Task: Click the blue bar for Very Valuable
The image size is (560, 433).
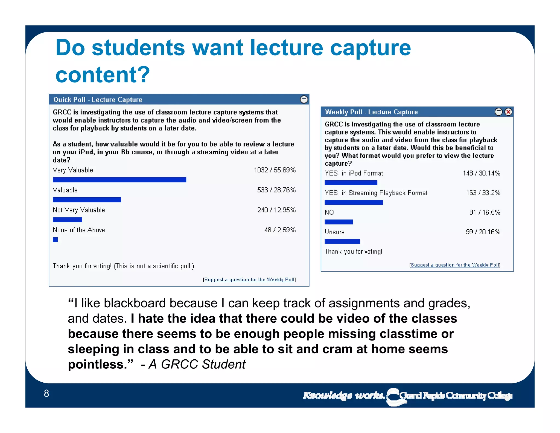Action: (x=119, y=180)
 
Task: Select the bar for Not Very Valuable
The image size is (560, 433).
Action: (x=67, y=220)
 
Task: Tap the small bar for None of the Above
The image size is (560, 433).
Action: (x=55, y=240)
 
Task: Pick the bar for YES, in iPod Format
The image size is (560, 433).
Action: (x=351, y=183)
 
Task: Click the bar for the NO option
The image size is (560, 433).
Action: (x=339, y=222)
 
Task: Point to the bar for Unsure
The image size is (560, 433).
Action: (x=342, y=241)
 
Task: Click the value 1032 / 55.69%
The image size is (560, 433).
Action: (x=275, y=170)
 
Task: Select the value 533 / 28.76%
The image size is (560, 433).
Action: (x=276, y=190)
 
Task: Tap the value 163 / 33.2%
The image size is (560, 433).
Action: (x=483, y=193)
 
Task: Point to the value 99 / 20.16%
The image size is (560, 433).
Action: (x=483, y=232)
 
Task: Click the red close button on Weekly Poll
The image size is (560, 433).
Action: (x=508, y=112)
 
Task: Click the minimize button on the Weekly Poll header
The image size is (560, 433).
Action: (x=498, y=112)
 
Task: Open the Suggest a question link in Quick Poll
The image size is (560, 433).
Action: (x=249, y=280)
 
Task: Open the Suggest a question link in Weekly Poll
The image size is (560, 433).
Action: (x=455, y=265)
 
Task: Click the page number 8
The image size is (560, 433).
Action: (x=46, y=394)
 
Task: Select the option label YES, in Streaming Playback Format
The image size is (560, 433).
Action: (x=376, y=193)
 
